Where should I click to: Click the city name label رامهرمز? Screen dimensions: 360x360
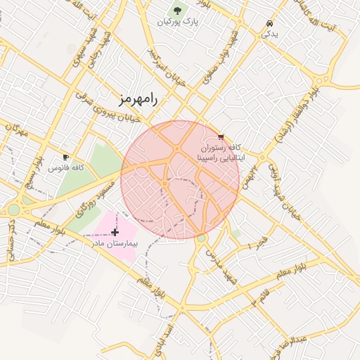(x=135, y=99)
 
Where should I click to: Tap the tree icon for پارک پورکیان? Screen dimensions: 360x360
(x=178, y=11)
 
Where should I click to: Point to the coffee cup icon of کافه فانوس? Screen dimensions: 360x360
(x=65, y=157)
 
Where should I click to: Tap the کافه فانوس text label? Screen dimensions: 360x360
(x=66, y=168)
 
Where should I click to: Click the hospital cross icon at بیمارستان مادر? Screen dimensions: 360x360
(x=115, y=231)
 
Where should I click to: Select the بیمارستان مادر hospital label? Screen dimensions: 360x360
(x=116, y=243)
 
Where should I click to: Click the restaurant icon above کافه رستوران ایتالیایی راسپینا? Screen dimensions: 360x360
(x=221, y=136)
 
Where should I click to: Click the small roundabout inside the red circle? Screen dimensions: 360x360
(x=165, y=184)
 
